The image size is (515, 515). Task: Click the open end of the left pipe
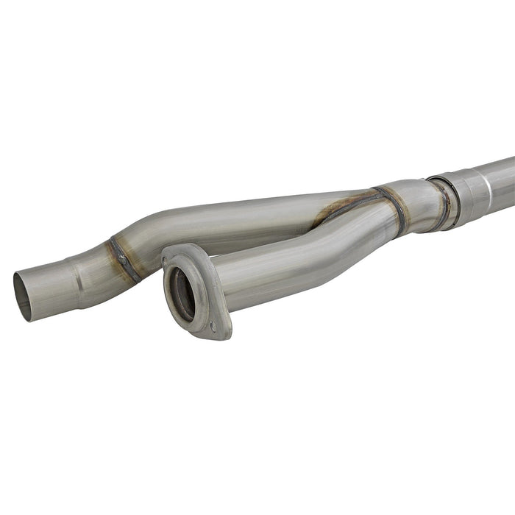24,296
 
